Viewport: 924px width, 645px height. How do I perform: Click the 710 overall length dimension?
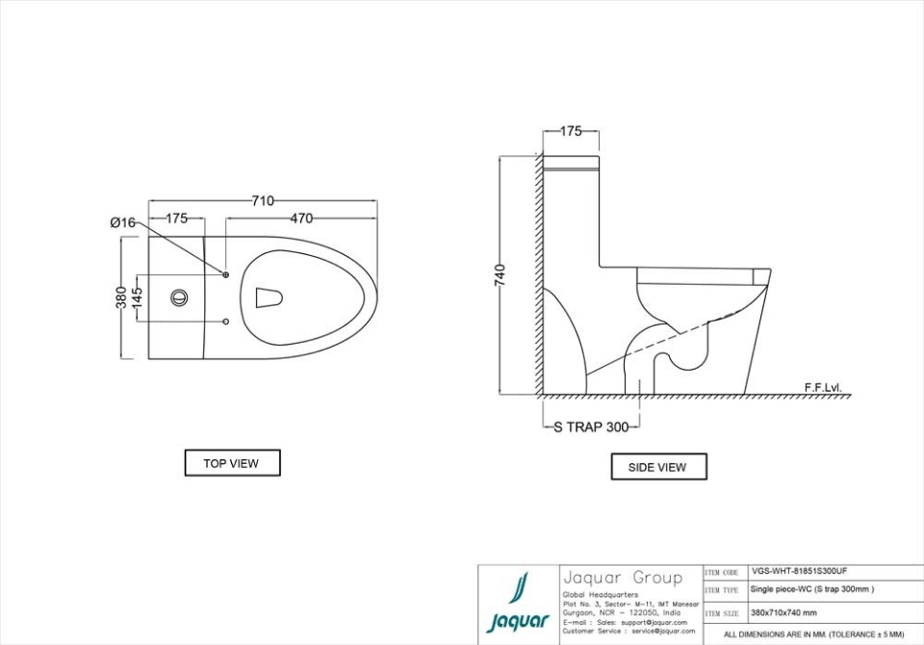pyautogui.click(x=263, y=201)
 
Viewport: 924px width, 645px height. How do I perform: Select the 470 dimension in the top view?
pyautogui.click(x=301, y=219)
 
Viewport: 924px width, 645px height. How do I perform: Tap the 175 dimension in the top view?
pyautogui.click(x=176, y=219)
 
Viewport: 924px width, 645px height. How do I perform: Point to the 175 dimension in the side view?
pyautogui.click(x=571, y=132)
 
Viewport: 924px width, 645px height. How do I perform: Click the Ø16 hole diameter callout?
pyautogui.click(x=122, y=222)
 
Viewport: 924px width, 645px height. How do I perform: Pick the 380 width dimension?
pyautogui.click(x=122, y=298)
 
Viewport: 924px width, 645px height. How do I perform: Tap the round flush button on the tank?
pyautogui.click(x=180, y=297)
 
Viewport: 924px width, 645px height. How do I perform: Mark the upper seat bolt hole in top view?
pyautogui.click(x=226, y=275)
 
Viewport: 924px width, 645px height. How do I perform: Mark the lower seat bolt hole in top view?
pyautogui.click(x=226, y=321)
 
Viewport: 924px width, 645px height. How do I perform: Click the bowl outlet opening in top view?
pyautogui.click(x=269, y=297)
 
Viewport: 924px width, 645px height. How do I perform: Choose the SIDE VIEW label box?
pyautogui.click(x=657, y=467)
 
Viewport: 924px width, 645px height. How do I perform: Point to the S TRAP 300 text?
pyautogui.click(x=590, y=427)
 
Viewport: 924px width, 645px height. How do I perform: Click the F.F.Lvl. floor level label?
pyautogui.click(x=823, y=387)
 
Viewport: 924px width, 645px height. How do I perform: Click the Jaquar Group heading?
pyautogui.click(x=622, y=578)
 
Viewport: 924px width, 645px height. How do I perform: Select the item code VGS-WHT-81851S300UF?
pyautogui.click(x=799, y=571)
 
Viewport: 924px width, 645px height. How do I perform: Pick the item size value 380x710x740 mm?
pyautogui.click(x=783, y=612)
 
